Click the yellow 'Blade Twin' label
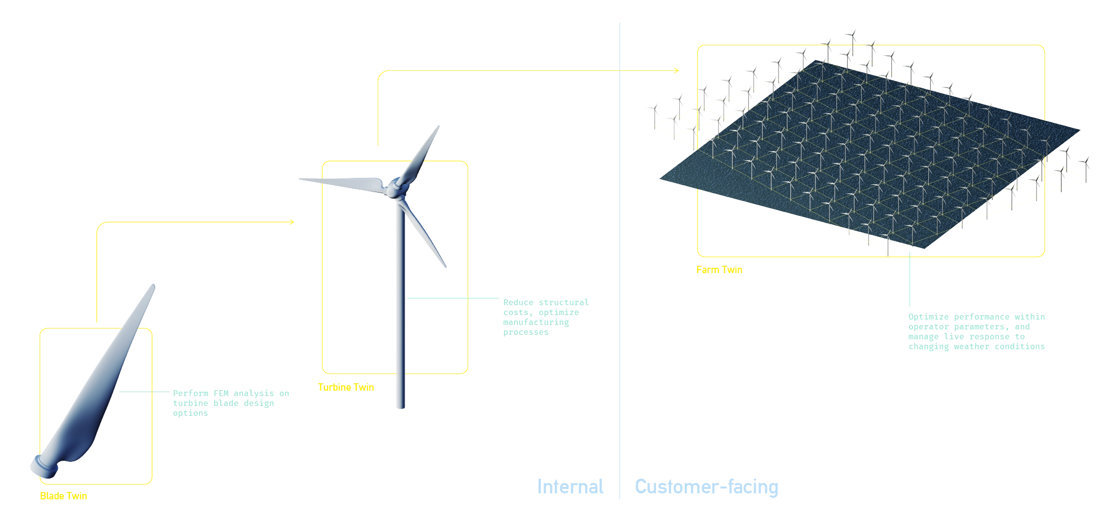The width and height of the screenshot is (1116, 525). coord(63,497)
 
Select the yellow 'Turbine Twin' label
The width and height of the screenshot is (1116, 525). coord(346,388)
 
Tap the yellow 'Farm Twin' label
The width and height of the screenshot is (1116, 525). coord(719,271)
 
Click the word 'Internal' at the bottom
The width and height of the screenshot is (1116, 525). coord(571,487)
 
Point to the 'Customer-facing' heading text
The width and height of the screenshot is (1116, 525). coord(706,487)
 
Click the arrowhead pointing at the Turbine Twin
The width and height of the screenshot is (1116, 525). coord(293,222)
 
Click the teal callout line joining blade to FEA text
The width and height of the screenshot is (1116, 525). coord(143,394)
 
